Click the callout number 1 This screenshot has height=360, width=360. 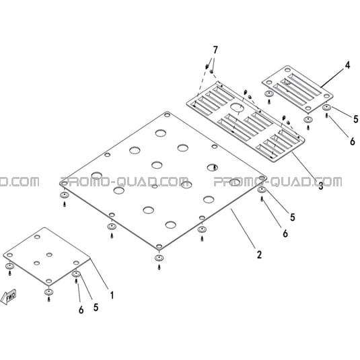tap(112, 295)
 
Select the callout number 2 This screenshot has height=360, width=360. tap(259, 254)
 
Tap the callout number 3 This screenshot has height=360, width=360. tap(320, 186)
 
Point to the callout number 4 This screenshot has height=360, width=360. tap(348, 65)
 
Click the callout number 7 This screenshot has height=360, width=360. tap(215, 50)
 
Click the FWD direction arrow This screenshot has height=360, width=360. tap(9, 297)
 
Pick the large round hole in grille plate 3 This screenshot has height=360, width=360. tap(238, 108)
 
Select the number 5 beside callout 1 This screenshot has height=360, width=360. tap(96, 308)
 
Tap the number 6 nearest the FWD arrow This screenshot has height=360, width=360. tap(81, 310)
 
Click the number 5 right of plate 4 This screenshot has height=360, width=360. tap(356, 119)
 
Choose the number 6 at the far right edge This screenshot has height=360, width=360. tap(353, 141)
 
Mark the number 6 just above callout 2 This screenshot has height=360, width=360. tap(285, 233)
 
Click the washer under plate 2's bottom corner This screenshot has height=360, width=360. tap(159, 258)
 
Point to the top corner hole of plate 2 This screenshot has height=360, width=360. tap(167, 114)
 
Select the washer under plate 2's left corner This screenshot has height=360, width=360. tap(65, 195)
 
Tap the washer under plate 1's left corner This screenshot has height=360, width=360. tap(9, 266)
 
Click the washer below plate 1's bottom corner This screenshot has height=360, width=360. tap(48, 292)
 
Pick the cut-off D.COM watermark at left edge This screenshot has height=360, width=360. tap(20, 182)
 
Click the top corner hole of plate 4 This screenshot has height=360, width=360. tap(287, 69)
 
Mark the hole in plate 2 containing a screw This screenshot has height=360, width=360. tap(213, 168)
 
